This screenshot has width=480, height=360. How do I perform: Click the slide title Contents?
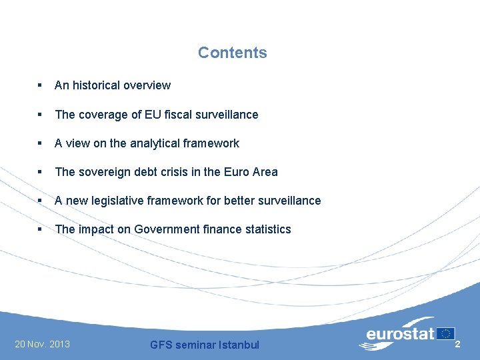(x=232, y=53)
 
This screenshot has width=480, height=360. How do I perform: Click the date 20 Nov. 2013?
(x=42, y=344)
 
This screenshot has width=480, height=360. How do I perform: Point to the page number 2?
(x=457, y=344)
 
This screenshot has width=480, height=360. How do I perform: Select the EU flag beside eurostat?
(x=445, y=333)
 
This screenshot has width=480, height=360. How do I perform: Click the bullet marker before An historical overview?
(x=40, y=85)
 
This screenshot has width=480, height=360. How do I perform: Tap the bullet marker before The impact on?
(x=40, y=229)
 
